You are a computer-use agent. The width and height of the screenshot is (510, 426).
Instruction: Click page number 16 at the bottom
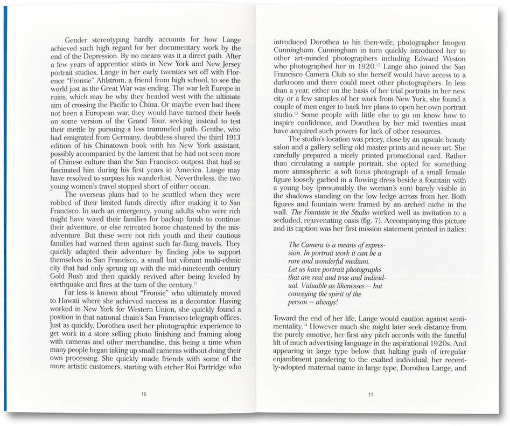pos(144,394)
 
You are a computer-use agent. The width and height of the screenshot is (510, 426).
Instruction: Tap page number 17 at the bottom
pos(371,394)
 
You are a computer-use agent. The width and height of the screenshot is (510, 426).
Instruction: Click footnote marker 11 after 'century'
pos(195,283)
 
